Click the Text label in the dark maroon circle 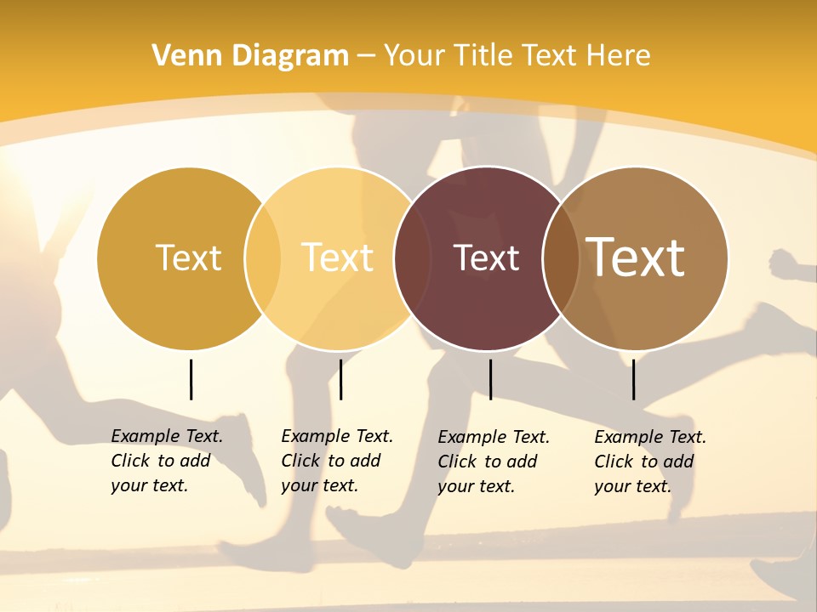(x=486, y=258)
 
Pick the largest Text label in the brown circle (x=636, y=258)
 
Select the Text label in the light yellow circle (x=338, y=258)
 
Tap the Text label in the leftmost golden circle (x=188, y=258)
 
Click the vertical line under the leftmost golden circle (x=191, y=379)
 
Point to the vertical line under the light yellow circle (x=340, y=379)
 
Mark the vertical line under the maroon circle (x=490, y=379)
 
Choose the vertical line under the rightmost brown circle (x=633, y=379)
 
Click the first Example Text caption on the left (x=167, y=461)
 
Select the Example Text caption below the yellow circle (x=337, y=461)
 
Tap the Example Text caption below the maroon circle (x=494, y=462)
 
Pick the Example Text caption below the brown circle (x=650, y=462)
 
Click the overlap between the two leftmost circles (x=263, y=258)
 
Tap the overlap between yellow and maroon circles (x=413, y=258)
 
